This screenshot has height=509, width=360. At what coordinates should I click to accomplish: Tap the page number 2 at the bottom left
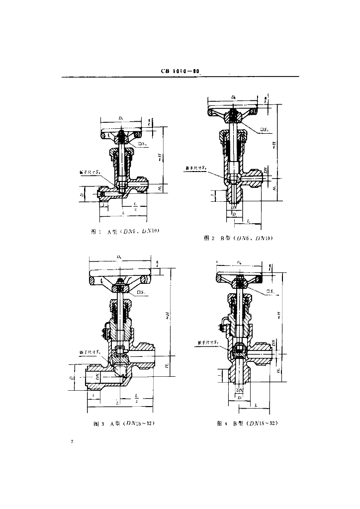[x=73, y=441]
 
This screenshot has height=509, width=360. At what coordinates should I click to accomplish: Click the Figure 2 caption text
[x=239, y=239]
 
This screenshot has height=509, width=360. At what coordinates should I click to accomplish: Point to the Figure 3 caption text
[x=128, y=424]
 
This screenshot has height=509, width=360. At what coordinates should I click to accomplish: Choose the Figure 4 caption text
[x=246, y=424]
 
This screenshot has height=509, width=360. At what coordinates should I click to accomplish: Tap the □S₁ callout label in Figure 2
[x=265, y=130]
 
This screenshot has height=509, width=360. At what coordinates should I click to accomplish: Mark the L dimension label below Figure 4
[x=255, y=406]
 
